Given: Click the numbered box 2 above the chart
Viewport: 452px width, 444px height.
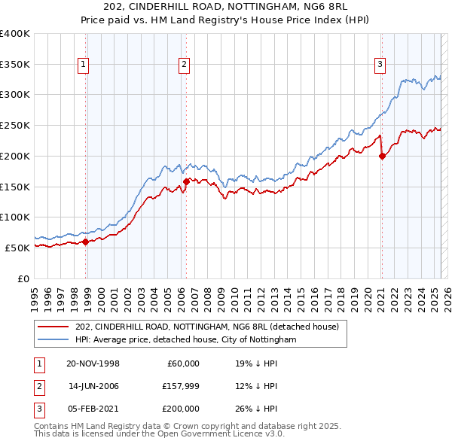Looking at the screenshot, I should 184,65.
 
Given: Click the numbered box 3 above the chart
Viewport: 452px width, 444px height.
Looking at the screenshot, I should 380,65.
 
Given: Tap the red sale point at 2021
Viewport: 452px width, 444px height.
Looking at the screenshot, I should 382,157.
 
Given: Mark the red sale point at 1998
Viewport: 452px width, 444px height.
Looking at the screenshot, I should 85,242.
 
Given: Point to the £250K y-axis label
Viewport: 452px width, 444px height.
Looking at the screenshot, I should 14,126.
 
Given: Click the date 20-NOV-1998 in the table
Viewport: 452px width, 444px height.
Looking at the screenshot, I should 93,363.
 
